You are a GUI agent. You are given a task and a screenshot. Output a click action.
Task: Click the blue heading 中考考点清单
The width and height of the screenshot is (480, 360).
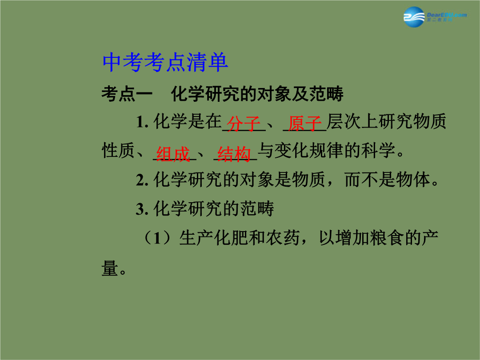pyautogui.click(x=165, y=62)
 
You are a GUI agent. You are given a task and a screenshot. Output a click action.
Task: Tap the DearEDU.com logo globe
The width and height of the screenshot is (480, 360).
pyautogui.click(x=414, y=17)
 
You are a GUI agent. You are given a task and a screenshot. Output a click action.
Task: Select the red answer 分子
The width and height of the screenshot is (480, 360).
pyautogui.click(x=244, y=124)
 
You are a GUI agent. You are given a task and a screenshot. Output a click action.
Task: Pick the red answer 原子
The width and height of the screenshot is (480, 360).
pyautogui.click(x=304, y=124)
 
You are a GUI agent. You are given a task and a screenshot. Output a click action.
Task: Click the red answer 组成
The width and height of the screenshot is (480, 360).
pyautogui.click(x=173, y=153)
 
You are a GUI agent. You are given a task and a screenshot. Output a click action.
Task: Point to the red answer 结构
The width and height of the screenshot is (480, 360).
pyautogui.click(x=234, y=153)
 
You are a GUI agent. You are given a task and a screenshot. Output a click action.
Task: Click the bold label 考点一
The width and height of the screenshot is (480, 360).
pyautogui.click(x=127, y=94)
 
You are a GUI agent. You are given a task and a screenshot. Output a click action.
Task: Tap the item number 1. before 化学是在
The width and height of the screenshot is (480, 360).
pyautogui.click(x=142, y=122)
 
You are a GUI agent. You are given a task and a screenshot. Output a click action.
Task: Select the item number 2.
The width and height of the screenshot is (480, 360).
pyautogui.click(x=142, y=180)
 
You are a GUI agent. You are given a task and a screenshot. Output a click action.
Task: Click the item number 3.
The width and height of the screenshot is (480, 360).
pyautogui.click(x=142, y=209)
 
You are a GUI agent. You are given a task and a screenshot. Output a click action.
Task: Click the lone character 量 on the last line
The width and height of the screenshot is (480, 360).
pyautogui.click(x=110, y=268)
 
